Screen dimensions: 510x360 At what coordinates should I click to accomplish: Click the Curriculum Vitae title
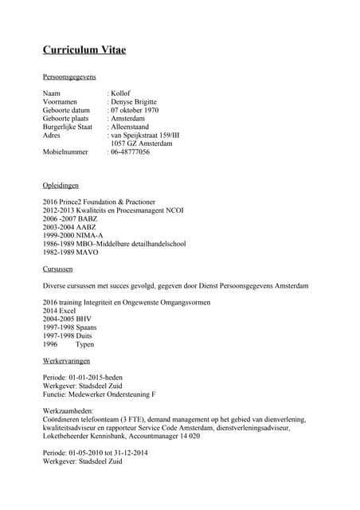point(84,51)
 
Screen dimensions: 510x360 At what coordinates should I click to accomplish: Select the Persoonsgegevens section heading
point(69,77)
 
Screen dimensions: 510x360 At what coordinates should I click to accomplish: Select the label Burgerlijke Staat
point(68,127)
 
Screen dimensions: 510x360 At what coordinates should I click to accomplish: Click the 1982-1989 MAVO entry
point(71,253)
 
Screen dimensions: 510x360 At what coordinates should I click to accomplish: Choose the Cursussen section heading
point(60,269)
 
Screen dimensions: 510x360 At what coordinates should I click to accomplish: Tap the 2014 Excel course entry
point(63,312)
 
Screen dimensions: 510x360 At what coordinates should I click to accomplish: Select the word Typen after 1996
point(84,344)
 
